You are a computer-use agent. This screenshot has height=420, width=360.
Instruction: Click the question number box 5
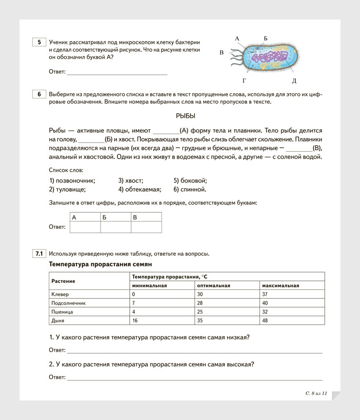[39, 42]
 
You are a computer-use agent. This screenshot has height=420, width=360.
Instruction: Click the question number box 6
[39, 94]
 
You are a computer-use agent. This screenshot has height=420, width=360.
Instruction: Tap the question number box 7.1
[39, 253]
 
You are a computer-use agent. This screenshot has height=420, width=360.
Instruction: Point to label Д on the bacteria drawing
[294, 80]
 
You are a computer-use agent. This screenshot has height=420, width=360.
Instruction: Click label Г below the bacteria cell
[244, 80]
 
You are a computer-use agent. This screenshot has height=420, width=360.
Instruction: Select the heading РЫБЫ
[185, 116]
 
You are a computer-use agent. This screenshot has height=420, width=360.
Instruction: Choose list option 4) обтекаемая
[140, 189]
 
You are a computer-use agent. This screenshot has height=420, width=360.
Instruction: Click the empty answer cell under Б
[116, 227]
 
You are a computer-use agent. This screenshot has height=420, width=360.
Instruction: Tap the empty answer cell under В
[146, 227]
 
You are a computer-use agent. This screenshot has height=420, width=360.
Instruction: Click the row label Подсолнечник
[68, 303]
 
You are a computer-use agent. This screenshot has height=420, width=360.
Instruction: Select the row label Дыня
[58, 320]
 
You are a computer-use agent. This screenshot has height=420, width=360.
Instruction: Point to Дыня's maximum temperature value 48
[265, 320]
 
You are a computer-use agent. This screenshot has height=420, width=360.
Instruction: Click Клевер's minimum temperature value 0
[134, 294]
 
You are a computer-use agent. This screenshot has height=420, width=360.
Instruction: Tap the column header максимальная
[280, 285]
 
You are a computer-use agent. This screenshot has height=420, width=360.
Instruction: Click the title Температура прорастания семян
[100, 264]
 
